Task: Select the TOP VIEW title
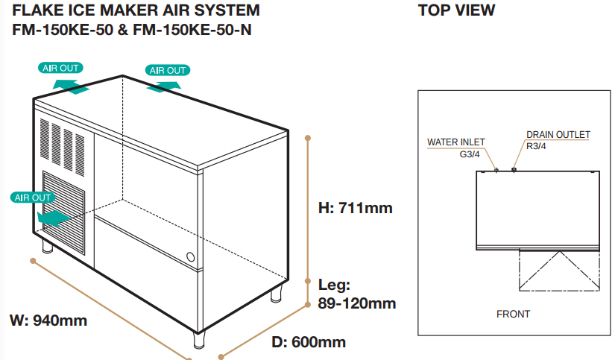pos(456,11)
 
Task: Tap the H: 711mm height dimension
pos(355,208)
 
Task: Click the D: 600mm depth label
pos(308,342)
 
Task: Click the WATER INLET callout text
pos(455,142)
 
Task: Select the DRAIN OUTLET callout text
pos(558,135)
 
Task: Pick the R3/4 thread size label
pos(537,146)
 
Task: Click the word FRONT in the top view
pos(513,314)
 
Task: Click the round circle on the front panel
pos(191,259)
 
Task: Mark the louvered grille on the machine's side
pos(64,213)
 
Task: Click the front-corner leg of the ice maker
pos(199,339)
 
